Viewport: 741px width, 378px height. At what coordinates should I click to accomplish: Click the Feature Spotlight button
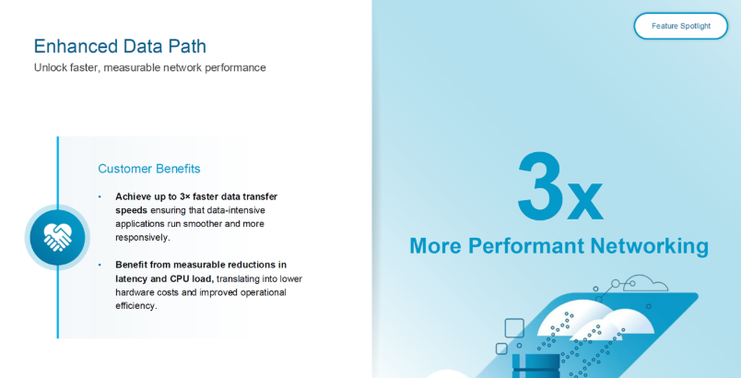680,26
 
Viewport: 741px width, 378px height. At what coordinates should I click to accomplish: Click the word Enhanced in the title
76,46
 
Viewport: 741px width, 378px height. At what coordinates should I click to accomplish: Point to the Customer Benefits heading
149,169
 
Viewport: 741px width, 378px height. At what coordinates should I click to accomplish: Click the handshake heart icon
58,237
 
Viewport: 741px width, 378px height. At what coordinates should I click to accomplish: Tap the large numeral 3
539,186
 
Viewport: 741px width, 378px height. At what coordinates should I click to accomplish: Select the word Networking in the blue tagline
650,246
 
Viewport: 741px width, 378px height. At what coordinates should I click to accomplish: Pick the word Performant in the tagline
526,246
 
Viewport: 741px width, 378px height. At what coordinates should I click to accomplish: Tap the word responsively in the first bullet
142,238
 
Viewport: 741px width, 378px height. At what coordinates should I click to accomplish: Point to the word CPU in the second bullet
180,278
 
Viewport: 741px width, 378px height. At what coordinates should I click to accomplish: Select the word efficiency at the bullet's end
136,306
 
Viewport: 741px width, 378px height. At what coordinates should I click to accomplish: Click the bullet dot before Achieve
100,196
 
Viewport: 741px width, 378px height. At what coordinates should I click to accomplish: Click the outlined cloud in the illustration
644,283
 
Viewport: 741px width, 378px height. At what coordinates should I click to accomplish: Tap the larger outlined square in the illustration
514,328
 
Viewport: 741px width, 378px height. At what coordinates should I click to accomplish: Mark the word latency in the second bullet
131,278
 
